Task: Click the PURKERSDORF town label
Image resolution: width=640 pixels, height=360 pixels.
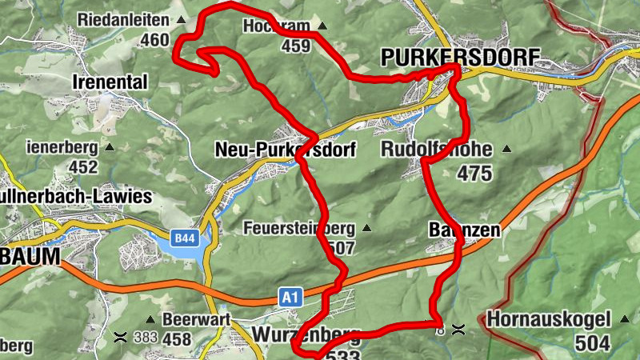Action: [x=461, y=57]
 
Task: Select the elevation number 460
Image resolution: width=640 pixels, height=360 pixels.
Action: [x=154, y=40]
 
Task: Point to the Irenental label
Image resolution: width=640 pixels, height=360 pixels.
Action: [x=110, y=82]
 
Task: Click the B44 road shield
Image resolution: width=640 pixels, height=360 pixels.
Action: [x=185, y=238]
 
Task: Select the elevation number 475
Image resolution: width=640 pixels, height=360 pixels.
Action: [x=475, y=174]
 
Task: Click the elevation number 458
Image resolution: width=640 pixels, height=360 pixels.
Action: [x=177, y=340]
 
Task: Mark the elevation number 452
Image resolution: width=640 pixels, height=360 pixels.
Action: [x=82, y=167]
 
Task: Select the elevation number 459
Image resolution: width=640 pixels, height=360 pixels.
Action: [x=295, y=46]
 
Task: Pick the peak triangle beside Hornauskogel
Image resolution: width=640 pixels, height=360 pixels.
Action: [x=624, y=319]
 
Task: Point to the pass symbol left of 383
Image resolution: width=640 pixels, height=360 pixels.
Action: [x=121, y=336]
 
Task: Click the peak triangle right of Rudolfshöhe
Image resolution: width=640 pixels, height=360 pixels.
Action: [x=506, y=149]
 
